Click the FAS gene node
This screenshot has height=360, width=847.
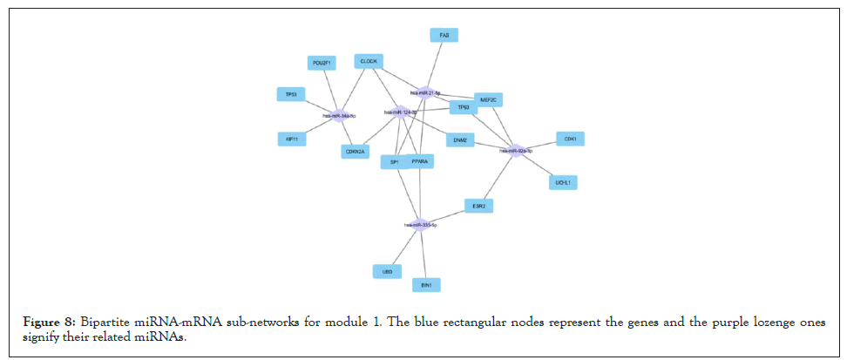(x=444, y=35)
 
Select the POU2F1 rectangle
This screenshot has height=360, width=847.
(x=322, y=63)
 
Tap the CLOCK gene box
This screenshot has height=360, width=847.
(x=369, y=61)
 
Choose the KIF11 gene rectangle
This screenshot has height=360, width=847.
(x=292, y=139)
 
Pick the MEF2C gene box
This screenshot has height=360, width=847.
(x=488, y=100)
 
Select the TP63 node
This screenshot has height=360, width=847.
(x=463, y=108)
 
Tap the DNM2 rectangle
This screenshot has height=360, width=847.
(x=460, y=139)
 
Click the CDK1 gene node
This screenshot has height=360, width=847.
(x=570, y=139)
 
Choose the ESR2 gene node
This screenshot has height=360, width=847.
(x=478, y=206)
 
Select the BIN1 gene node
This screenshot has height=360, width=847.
(x=426, y=284)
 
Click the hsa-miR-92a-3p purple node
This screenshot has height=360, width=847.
(x=516, y=151)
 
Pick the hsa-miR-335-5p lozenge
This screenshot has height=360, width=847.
(x=420, y=224)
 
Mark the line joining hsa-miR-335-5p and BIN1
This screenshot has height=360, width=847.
(x=423, y=253)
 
